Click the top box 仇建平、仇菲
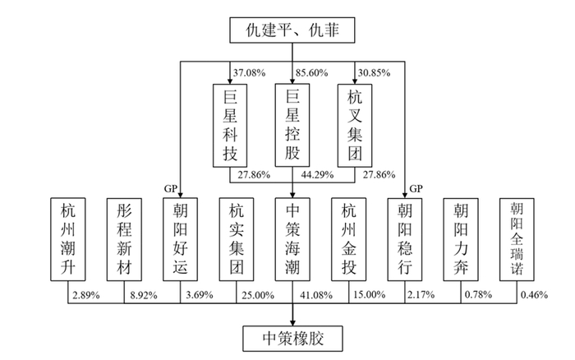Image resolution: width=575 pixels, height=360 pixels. coord(292,30)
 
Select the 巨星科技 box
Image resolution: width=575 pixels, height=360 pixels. coord(230,126)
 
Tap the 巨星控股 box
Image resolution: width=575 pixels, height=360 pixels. coord(292,125)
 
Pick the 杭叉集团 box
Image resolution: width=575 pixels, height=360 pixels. coord(355,126)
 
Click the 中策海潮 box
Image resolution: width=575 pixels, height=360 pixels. coord(292,240)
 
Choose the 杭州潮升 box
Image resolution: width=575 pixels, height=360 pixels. coord(68,240)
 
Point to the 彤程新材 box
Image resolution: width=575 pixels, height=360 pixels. coord(124,240)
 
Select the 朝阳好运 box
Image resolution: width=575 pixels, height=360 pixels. coord(180,240)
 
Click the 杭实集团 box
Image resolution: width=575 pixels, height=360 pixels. coord(237,240)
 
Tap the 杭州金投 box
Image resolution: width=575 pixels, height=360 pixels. coord(349,240)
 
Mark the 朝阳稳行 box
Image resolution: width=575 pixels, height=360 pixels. coord(405,240)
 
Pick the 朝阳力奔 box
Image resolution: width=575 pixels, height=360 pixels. coord(461,240)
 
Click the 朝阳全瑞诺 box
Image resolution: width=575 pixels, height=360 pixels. coord(517,240)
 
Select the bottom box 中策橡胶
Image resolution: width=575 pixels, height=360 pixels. coord(292,339)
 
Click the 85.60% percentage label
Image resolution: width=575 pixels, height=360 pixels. coord(311,72)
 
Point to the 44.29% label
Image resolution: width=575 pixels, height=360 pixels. coord(317,175)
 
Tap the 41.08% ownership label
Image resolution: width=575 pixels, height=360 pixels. coord(316,295)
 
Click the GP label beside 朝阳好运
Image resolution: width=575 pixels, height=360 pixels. coord(171,189)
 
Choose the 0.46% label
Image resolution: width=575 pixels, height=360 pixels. coord(534,295)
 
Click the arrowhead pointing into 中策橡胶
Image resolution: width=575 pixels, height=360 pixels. coord(292,322)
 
